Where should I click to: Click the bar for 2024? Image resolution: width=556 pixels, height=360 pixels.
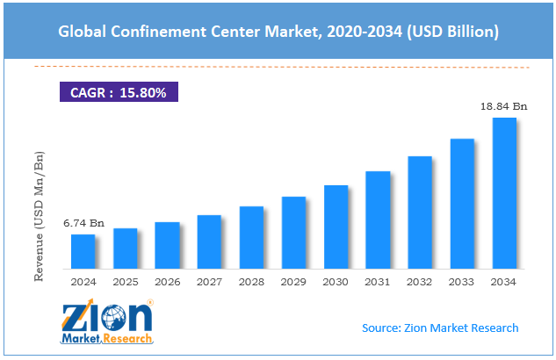[x=83, y=251]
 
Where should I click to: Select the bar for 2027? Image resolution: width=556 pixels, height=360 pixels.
[x=209, y=241]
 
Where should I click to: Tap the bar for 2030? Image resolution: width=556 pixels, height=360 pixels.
[x=336, y=227]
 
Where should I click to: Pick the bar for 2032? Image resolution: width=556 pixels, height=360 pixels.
[x=420, y=212]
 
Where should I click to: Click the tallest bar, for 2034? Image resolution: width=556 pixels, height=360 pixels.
[x=504, y=192]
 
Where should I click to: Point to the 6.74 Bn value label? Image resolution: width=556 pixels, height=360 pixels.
[x=83, y=224]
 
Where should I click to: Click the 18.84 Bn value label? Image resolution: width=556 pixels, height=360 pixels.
[x=504, y=106]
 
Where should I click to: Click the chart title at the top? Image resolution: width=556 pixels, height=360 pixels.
[x=278, y=32]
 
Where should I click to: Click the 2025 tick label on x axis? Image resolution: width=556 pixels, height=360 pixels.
[x=125, y=282]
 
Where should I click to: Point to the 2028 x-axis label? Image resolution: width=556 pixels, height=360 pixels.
[x=251, y=282]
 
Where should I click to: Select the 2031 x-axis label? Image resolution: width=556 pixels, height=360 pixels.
[x=378, y=282]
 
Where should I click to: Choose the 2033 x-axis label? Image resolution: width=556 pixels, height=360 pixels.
[x=462, y=282]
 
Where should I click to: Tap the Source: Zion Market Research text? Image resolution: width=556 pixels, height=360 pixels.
[x=440, y=328]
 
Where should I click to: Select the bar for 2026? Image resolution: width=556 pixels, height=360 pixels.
[x=167, y=245]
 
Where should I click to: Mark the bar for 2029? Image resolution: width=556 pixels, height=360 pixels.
[x=293, y=233]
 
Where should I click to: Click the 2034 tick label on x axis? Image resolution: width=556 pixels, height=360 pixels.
[x=504, y=282]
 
